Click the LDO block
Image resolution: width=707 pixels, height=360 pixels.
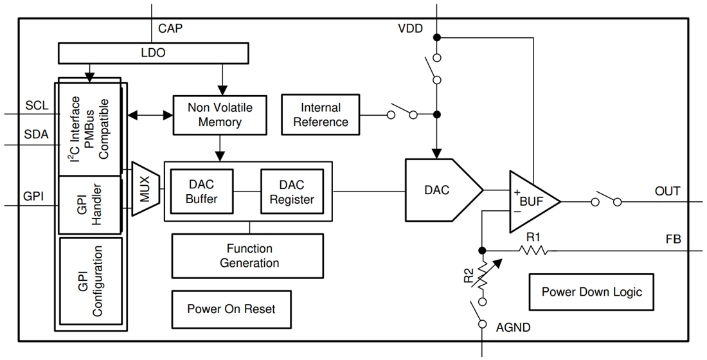tap(152, 53)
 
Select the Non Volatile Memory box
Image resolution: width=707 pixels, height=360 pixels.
tap(219, 114)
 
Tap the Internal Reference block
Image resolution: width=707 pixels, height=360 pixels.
tap(320, 114)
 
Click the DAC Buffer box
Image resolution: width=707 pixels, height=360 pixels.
tap(201, 192)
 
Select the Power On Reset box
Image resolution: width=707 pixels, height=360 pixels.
tap(231, 309)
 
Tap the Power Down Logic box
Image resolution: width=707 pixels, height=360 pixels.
tap(591, 292)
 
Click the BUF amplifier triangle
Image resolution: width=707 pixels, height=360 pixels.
tap(531, 201)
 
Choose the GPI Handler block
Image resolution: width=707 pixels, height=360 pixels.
tap(91, 205)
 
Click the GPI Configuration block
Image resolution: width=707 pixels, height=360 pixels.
tap(91, 281)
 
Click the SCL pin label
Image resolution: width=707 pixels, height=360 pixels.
tap(37, 105)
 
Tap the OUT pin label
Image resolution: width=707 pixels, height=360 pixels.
tap(667, 191)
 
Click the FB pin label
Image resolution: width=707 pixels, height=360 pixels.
tap(673, 240)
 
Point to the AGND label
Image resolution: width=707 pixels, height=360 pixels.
tap(514, 327)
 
